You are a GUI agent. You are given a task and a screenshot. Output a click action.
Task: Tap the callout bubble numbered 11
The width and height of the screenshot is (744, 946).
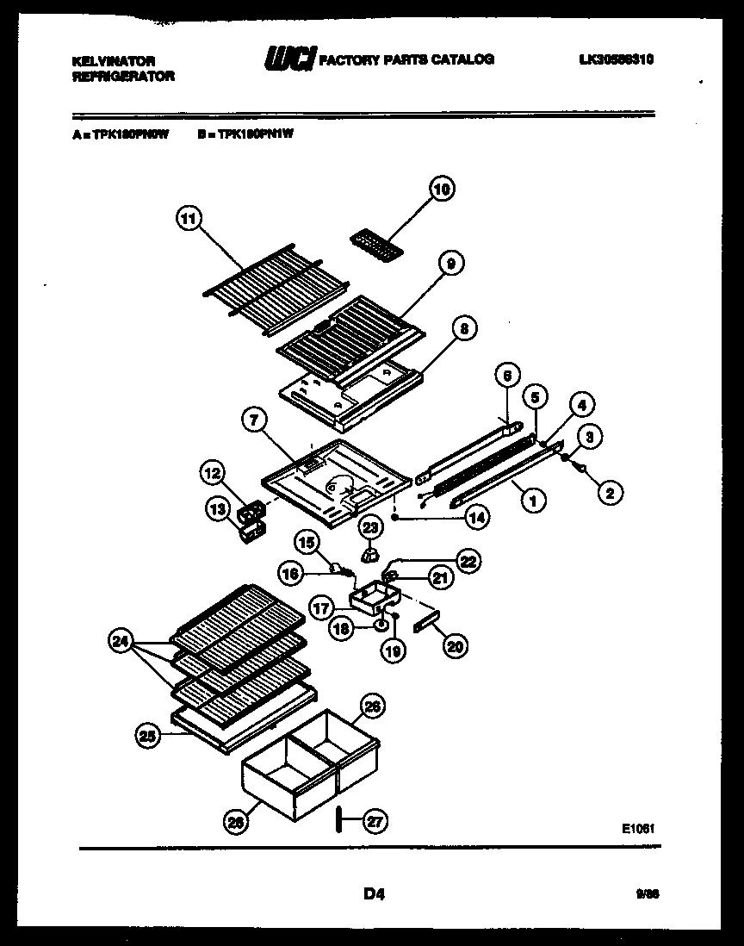pyautogui.click(x=188, y=219)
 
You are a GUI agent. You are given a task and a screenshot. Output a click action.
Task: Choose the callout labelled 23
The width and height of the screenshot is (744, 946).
pyautogui.click(x=369, y=527)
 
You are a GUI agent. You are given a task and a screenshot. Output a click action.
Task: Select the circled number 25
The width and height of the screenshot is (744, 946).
pyautogui.click(x=148, y=735)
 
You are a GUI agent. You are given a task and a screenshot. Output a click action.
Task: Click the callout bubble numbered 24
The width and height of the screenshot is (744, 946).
pyautogui.click(x=121, y=640)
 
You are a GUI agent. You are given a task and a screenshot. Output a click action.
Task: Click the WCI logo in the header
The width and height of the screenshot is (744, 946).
pyautogui.click(x=290, y=59)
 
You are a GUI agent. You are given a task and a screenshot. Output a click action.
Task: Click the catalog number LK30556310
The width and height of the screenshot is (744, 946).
pyautogui.click(x=617, y=59)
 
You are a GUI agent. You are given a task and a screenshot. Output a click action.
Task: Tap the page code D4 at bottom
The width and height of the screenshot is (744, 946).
pyautogui.click(x=373, y=894)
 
